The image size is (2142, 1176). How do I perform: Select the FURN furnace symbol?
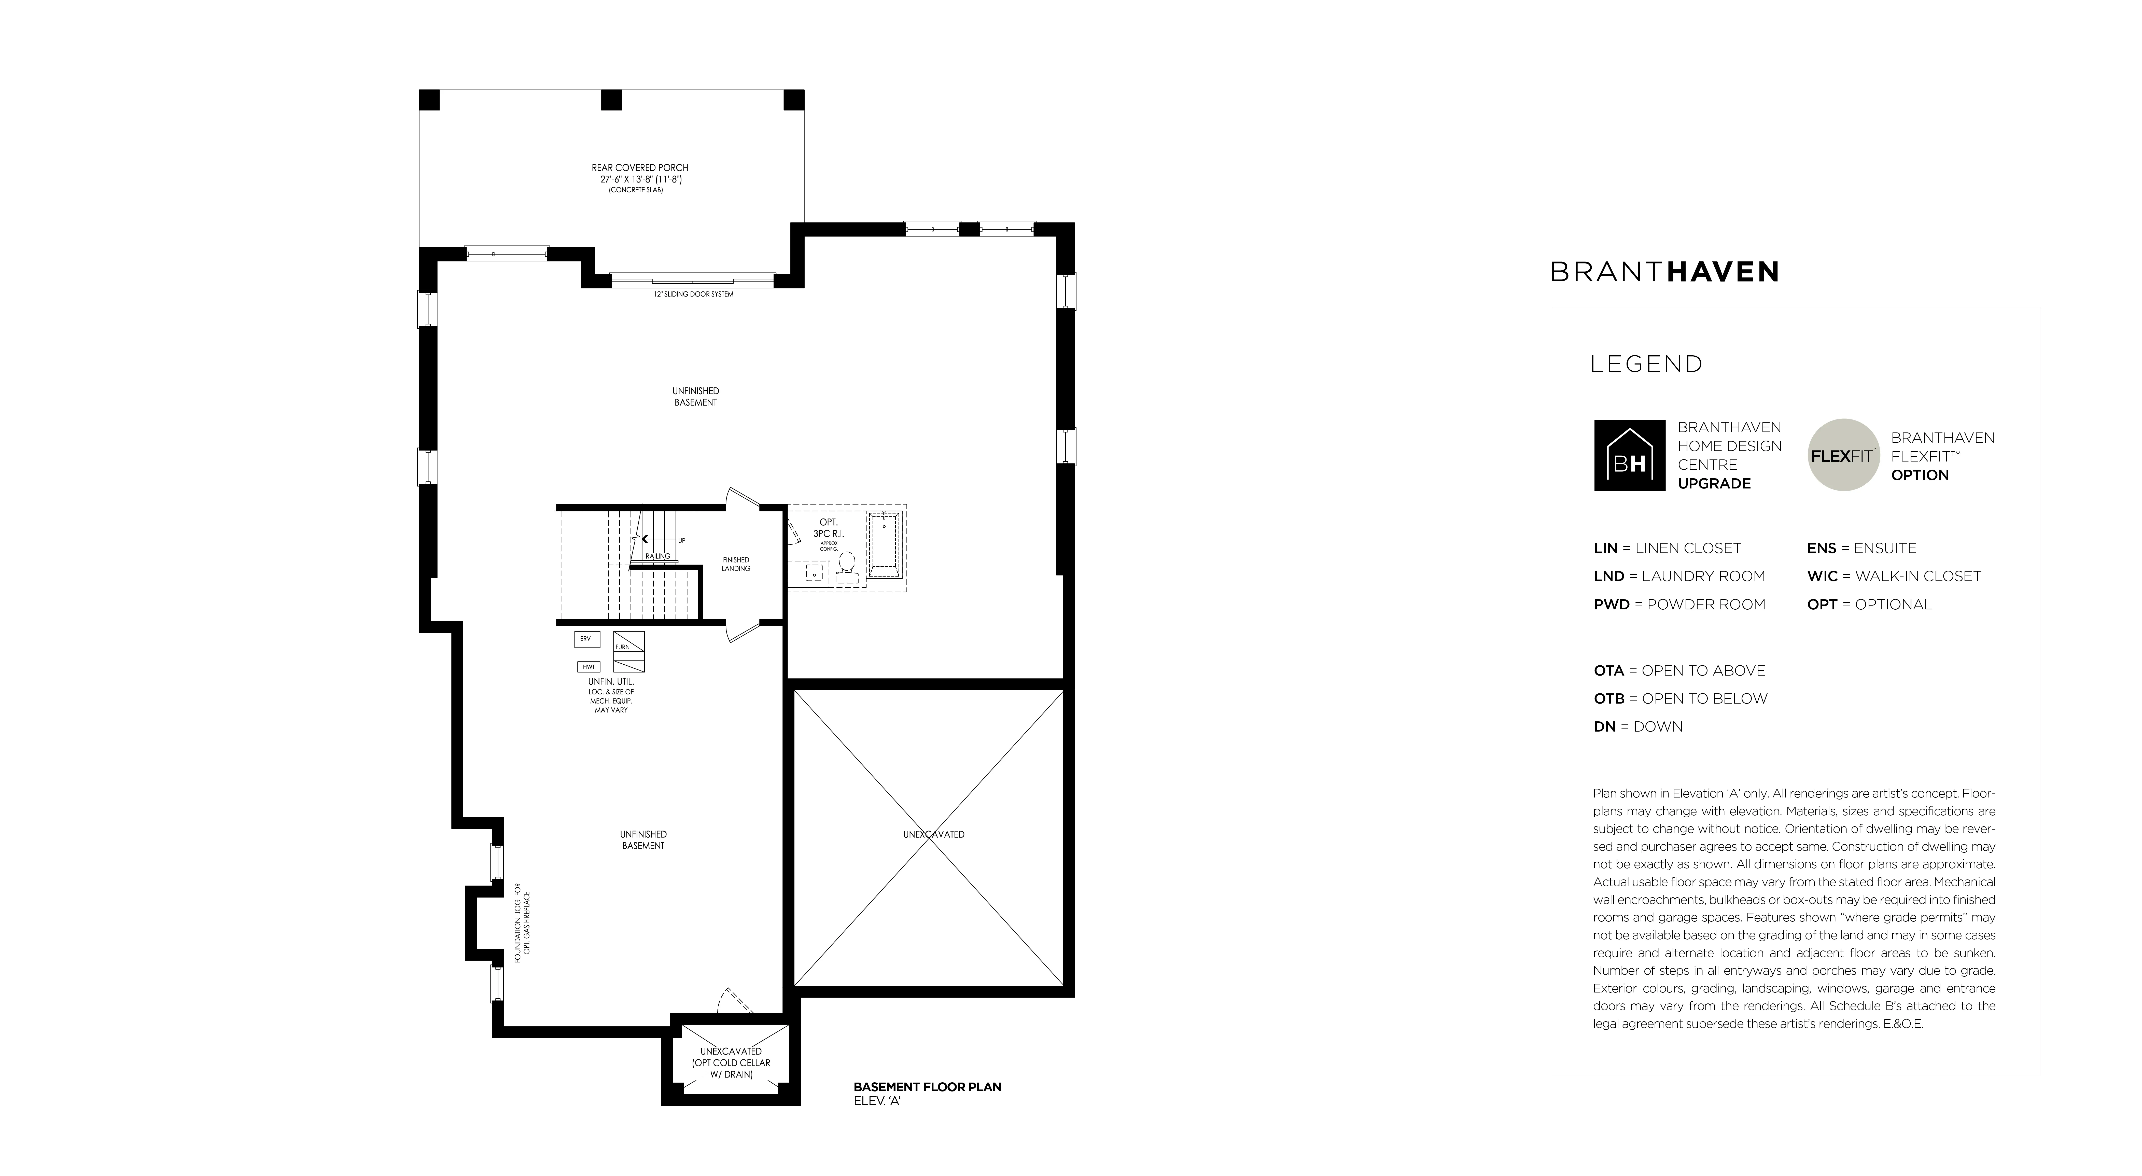coord(629,651)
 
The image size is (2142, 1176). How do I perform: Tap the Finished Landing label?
coord(736,564)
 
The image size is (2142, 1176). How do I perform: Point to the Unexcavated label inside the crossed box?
coord(934,834)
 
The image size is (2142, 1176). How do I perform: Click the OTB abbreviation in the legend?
coord(1609,699)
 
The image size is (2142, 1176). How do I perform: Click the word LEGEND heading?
coord(1646,364)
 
